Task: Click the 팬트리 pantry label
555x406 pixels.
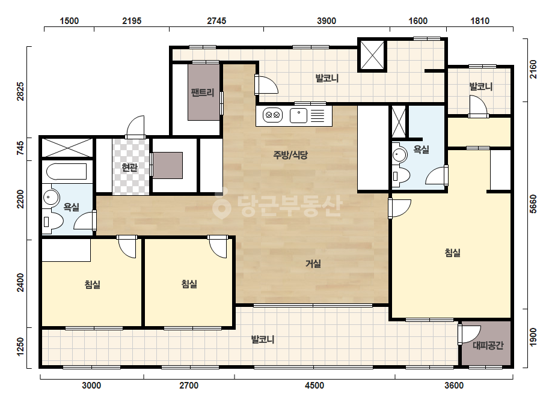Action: (x=203, y=92)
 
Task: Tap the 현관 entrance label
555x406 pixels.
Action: (x=129, y=167)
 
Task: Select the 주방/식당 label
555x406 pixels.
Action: (x=290, y=154)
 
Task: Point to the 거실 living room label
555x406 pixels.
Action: (x=313, y=264)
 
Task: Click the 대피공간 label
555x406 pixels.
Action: (x=488, y=345)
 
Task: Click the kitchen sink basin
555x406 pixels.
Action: (x=298, y=115)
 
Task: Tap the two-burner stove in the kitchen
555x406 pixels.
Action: (x=272, y=115)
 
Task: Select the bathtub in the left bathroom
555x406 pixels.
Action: (x=67, y=172)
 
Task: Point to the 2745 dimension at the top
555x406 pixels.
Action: (x=216, y=21)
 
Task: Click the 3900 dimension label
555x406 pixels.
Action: (x=327, y=21)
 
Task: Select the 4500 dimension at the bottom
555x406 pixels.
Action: (x=314, y=385)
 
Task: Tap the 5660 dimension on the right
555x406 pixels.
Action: (x=533, y=204)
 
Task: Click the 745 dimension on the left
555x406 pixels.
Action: (x=20, y=148)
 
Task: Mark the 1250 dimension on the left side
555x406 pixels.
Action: (x=20, y=347)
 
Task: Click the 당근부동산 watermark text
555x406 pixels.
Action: (x=278, y=205)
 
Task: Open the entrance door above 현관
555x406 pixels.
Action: (x=135, y=127)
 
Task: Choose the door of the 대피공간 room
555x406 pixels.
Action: (x=468, y=335)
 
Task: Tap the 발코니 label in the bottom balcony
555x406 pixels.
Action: (x=263, y=339)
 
